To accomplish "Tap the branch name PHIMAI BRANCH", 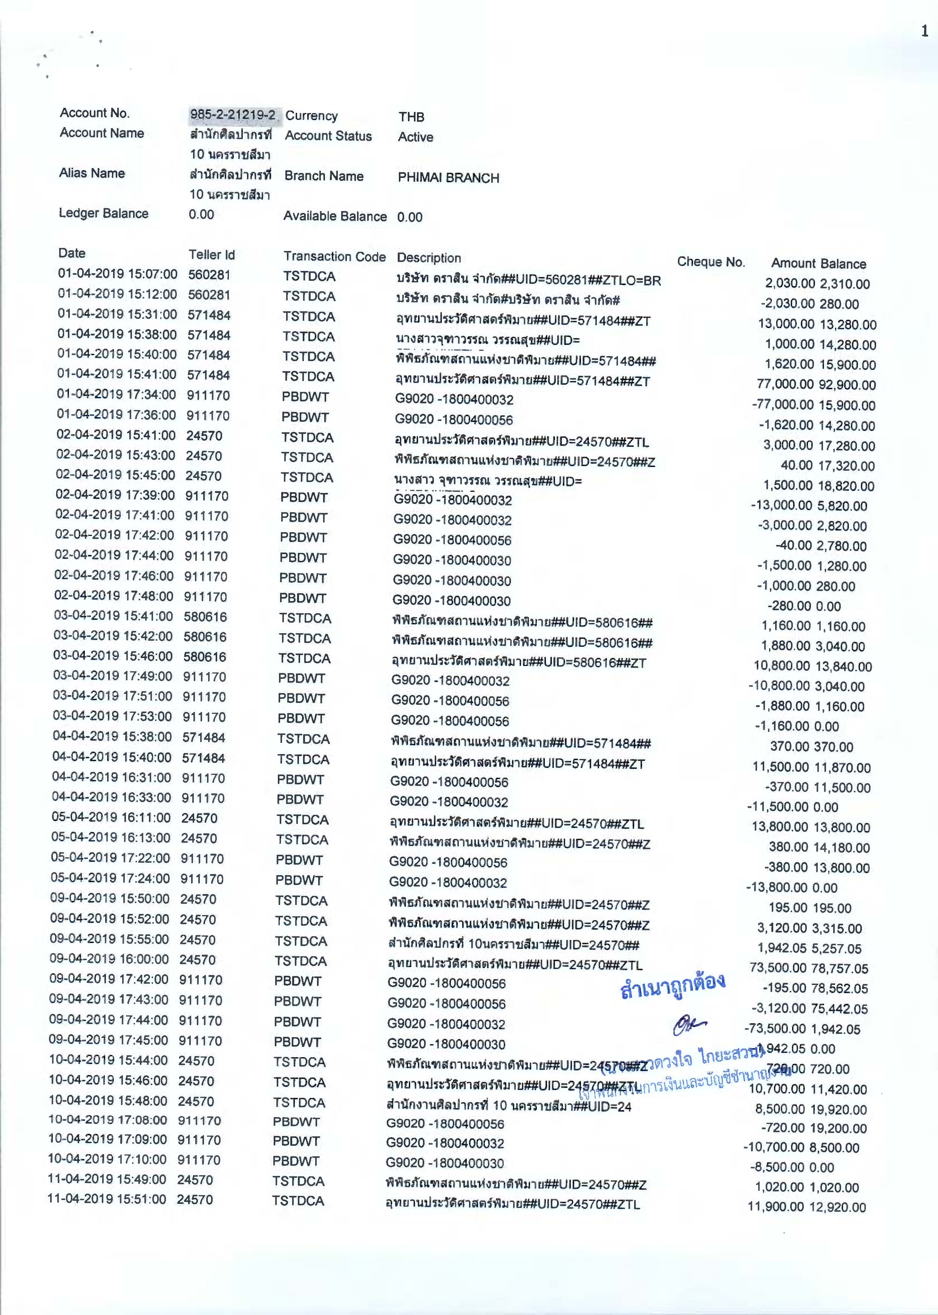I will tap(448, 178).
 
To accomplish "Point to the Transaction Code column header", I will tap(334, 257).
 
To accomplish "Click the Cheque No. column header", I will tap(711, 262).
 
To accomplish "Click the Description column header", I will tap(429, 258).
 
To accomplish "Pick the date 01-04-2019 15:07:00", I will tap(117, 274).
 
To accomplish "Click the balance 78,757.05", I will tap(840, 968).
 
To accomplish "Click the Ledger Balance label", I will tap(103, 214).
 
